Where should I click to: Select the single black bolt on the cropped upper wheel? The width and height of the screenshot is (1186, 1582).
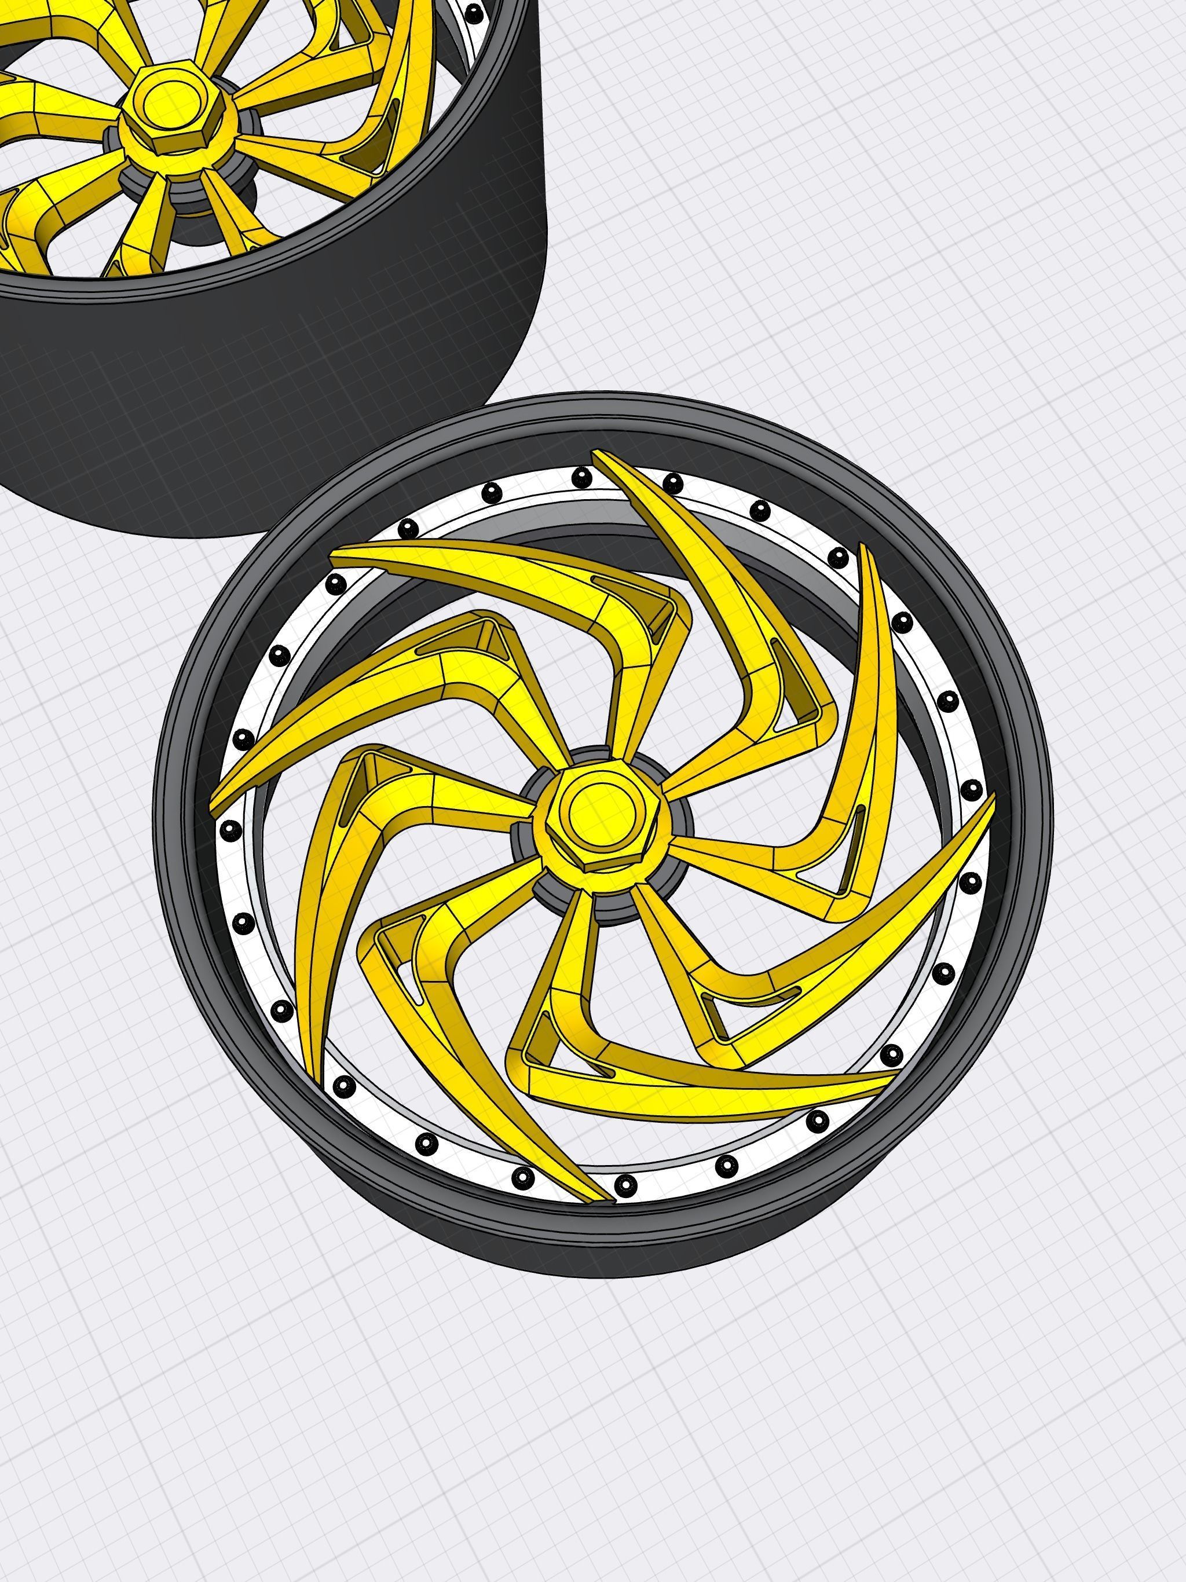click(x=474, y=12)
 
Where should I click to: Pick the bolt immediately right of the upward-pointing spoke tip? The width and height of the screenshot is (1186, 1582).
click(x=671, y=484)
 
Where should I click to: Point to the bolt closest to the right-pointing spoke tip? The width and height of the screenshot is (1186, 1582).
click(x=971, y=790)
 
